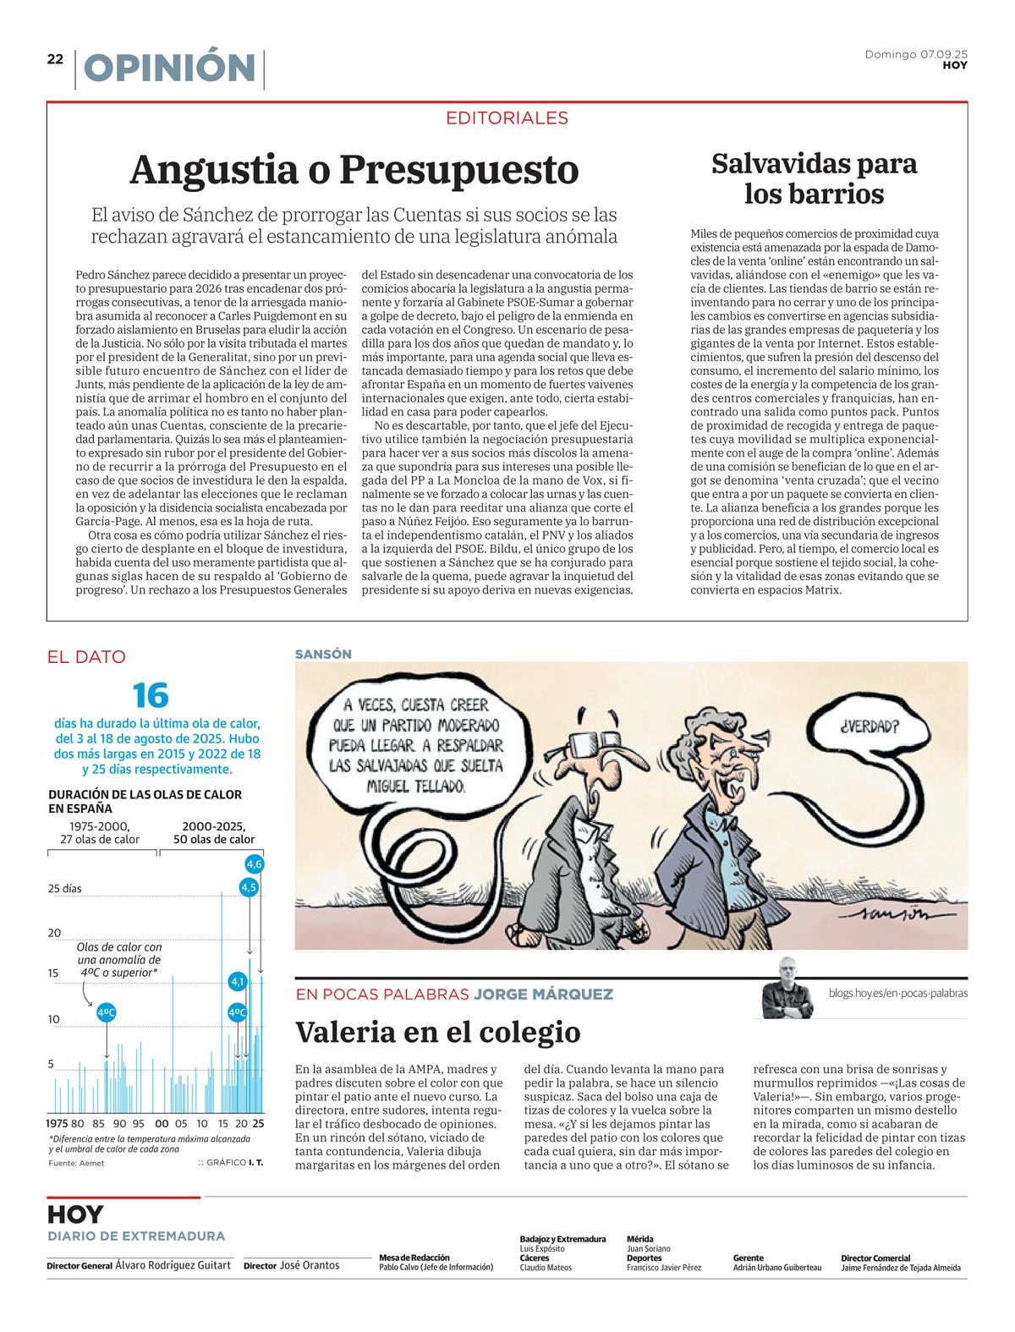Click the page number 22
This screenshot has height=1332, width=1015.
click(x=55, y=59)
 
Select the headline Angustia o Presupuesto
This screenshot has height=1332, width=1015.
click(x=354, y=170)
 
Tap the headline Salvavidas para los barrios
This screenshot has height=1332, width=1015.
click(x=814, y=178)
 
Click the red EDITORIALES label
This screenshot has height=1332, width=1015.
click(x=507, y=118)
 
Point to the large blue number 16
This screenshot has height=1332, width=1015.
click(x=151, y=695)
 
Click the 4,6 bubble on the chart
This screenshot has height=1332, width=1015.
click(x=254, y=863)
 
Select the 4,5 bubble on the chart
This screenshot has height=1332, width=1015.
click(x=249, y=887)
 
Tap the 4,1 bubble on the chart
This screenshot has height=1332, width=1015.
click(x=238, y=982)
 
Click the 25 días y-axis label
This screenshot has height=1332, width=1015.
click(x=65, y=889)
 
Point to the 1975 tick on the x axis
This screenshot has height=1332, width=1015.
click(x=57, y=1124)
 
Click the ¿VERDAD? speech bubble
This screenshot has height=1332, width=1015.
click(x=870, y=726)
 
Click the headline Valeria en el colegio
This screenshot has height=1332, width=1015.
click(x=437, y=1033)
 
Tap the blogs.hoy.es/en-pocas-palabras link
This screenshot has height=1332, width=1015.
click(x=898, y=993)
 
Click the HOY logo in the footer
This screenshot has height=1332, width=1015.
click(x=75, y=1214)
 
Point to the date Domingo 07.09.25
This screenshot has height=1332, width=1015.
click(x=916, y=54)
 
